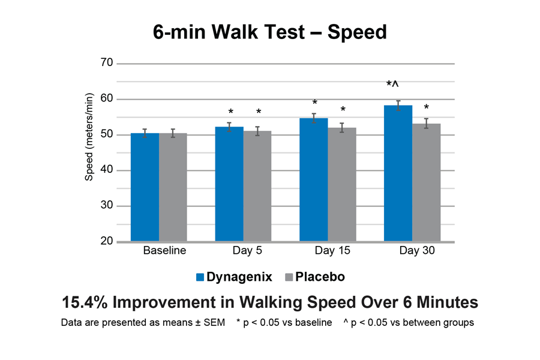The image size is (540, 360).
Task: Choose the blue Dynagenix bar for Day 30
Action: [x=398, y=173]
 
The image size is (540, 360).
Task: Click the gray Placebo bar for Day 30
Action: [x=426, y=182]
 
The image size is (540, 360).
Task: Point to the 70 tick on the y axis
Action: [x=107, y=63]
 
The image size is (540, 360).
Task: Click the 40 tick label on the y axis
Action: [x=107, y=170]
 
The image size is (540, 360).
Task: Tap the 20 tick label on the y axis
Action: [x=107, y=242]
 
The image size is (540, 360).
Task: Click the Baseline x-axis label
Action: [x=164, y=251]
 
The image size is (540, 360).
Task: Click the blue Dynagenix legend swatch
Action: [x=200, y=277]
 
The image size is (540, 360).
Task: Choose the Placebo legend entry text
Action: [x=320, y=277]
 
